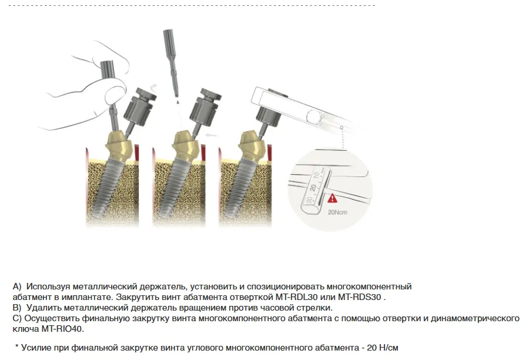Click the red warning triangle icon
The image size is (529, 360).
click(332, 198)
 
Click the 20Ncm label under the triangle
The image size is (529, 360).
click(337, 212)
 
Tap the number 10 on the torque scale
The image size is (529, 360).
click(316, 176)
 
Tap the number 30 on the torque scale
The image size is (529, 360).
click(309, 201)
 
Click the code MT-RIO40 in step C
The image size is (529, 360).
click(62, 329)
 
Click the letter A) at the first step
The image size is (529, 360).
click(17, 286)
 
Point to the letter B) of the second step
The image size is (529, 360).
click(17, 308)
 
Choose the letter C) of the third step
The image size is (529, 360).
click(17, 318)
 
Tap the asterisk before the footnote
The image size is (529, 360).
click(16, 346)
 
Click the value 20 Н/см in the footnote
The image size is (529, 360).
click(383, 348)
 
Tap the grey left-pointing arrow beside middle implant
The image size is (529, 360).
click(211, 135)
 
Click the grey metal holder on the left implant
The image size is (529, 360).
click(138, 108)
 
